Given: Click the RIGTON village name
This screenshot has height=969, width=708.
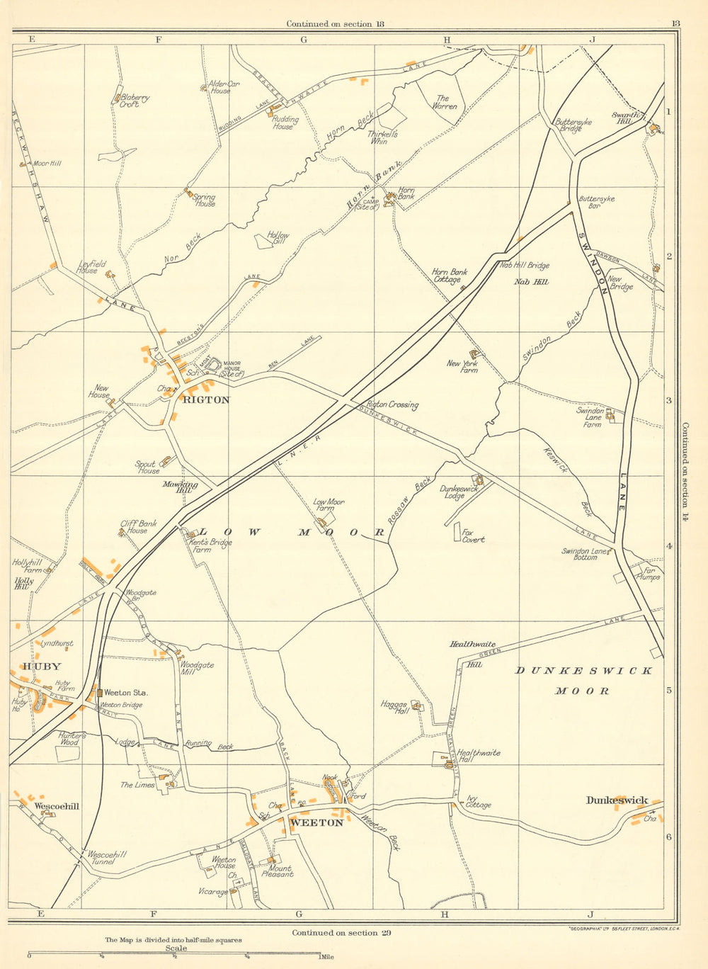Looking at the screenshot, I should point(206,399).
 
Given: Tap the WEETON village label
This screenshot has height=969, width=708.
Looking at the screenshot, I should point(316,822).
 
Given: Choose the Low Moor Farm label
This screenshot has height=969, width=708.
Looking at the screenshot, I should point(329,505).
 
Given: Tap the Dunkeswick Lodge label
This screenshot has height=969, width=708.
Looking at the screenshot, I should point(458,492).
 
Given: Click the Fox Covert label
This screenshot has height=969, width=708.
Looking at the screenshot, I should point(473,535).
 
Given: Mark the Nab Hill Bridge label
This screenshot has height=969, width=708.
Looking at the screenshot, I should point(525,266).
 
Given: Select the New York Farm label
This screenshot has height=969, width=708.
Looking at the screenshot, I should point(462,367).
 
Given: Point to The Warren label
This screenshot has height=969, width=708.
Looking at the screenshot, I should point(445,103).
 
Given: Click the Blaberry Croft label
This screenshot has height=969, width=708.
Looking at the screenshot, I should point(135,101).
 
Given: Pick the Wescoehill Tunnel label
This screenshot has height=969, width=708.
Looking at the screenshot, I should point(107,858).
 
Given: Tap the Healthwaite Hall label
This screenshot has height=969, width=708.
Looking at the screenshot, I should point(479,756).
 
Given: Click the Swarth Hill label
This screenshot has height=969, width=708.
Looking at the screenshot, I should point(627,118).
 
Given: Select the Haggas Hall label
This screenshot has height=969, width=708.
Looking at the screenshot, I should point(394,707).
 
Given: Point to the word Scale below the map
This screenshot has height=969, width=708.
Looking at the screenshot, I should point(176,948).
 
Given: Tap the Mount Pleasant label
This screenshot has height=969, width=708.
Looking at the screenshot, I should point(280,871).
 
